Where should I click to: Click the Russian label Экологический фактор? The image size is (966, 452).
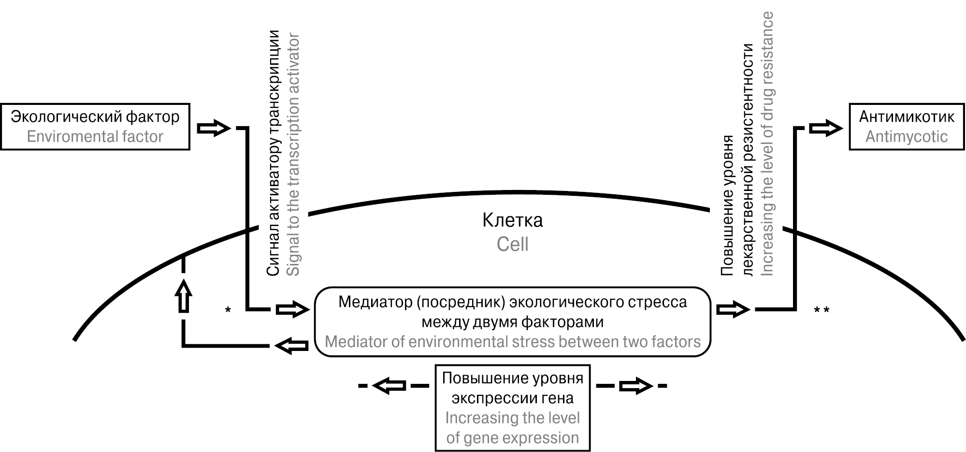pos(95,117)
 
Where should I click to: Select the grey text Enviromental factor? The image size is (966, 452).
pos(95,137)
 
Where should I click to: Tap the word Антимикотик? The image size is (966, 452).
pos(907,117)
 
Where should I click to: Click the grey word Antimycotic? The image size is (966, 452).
pos(907,137)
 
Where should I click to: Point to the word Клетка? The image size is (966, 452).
pos(512,220)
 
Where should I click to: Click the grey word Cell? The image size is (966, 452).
pos(512,244)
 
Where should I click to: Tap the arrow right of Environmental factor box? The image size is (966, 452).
pos(214,129)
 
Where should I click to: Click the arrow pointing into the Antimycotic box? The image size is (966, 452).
pos(826,129)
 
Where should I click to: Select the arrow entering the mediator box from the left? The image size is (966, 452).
pos(292,309)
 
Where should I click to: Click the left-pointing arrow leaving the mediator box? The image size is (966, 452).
pos(291,346)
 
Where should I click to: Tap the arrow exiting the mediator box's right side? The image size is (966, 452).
pos(733,309)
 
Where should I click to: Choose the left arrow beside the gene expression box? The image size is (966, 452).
pos(389,386)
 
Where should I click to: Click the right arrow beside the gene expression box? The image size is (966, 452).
pos(636,386)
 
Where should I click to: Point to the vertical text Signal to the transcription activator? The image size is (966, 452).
pos(293,155)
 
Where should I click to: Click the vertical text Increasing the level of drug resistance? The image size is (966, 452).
pos(767,144)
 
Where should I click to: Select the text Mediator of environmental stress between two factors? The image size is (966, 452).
pos(512,342)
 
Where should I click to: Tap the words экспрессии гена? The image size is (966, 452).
pos(512,398)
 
